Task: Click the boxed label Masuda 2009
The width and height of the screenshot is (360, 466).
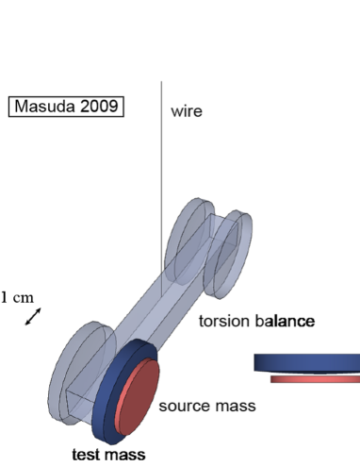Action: click(x=64, y=106)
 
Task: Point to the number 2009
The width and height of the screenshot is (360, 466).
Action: click(x=96, y=106)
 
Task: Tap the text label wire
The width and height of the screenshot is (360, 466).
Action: click(x=186, y=111)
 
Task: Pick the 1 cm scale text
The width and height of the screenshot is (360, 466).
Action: click(x=17, y=298)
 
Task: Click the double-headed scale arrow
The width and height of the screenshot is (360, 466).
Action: click(x=33, y=319)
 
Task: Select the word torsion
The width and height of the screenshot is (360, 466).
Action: click(x=222, y=322)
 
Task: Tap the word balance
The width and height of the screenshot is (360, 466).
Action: click(x=282, y=322)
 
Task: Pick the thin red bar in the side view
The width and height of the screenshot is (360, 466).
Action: click(x=314, y=379)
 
